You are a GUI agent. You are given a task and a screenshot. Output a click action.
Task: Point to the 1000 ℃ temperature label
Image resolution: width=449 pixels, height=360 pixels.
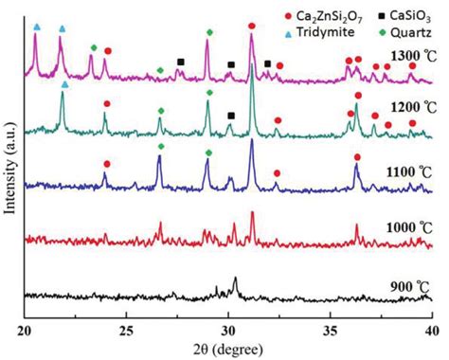pos(394,229)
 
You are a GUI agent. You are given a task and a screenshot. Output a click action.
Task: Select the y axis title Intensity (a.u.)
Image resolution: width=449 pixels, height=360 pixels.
pos(9,175)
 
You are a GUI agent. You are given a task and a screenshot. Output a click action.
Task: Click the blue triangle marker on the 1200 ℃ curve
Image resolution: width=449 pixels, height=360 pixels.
pos(64,84)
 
